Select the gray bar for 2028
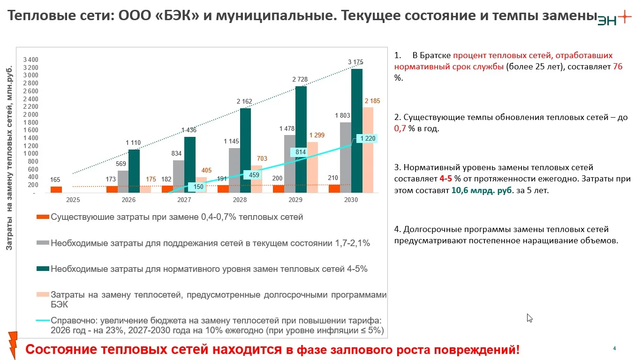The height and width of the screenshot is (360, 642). (x=234, y=170)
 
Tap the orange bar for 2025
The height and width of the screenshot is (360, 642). (x=56, y=189)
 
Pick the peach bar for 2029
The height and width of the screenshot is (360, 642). (x=313, y=167)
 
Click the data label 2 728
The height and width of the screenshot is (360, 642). (x=300, y=80)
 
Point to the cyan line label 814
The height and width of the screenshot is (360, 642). (x=301, y=152)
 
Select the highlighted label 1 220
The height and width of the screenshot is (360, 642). (x=367, y=138)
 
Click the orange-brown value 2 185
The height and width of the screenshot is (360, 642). (x=372, y=101)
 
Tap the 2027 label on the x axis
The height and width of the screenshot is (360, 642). (x=184, y=200)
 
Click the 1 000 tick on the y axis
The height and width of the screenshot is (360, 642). (x=30, y=153)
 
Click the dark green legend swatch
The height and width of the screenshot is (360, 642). (x=43, y=269)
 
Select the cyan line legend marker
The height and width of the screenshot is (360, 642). (x=43, y=321)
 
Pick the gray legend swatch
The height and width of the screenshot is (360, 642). (x=43, y=243)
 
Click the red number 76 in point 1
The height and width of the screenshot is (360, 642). (x=618, y=67)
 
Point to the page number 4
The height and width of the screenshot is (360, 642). (x=614, y=348)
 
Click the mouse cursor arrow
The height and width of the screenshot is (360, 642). (x=529, y=318)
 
